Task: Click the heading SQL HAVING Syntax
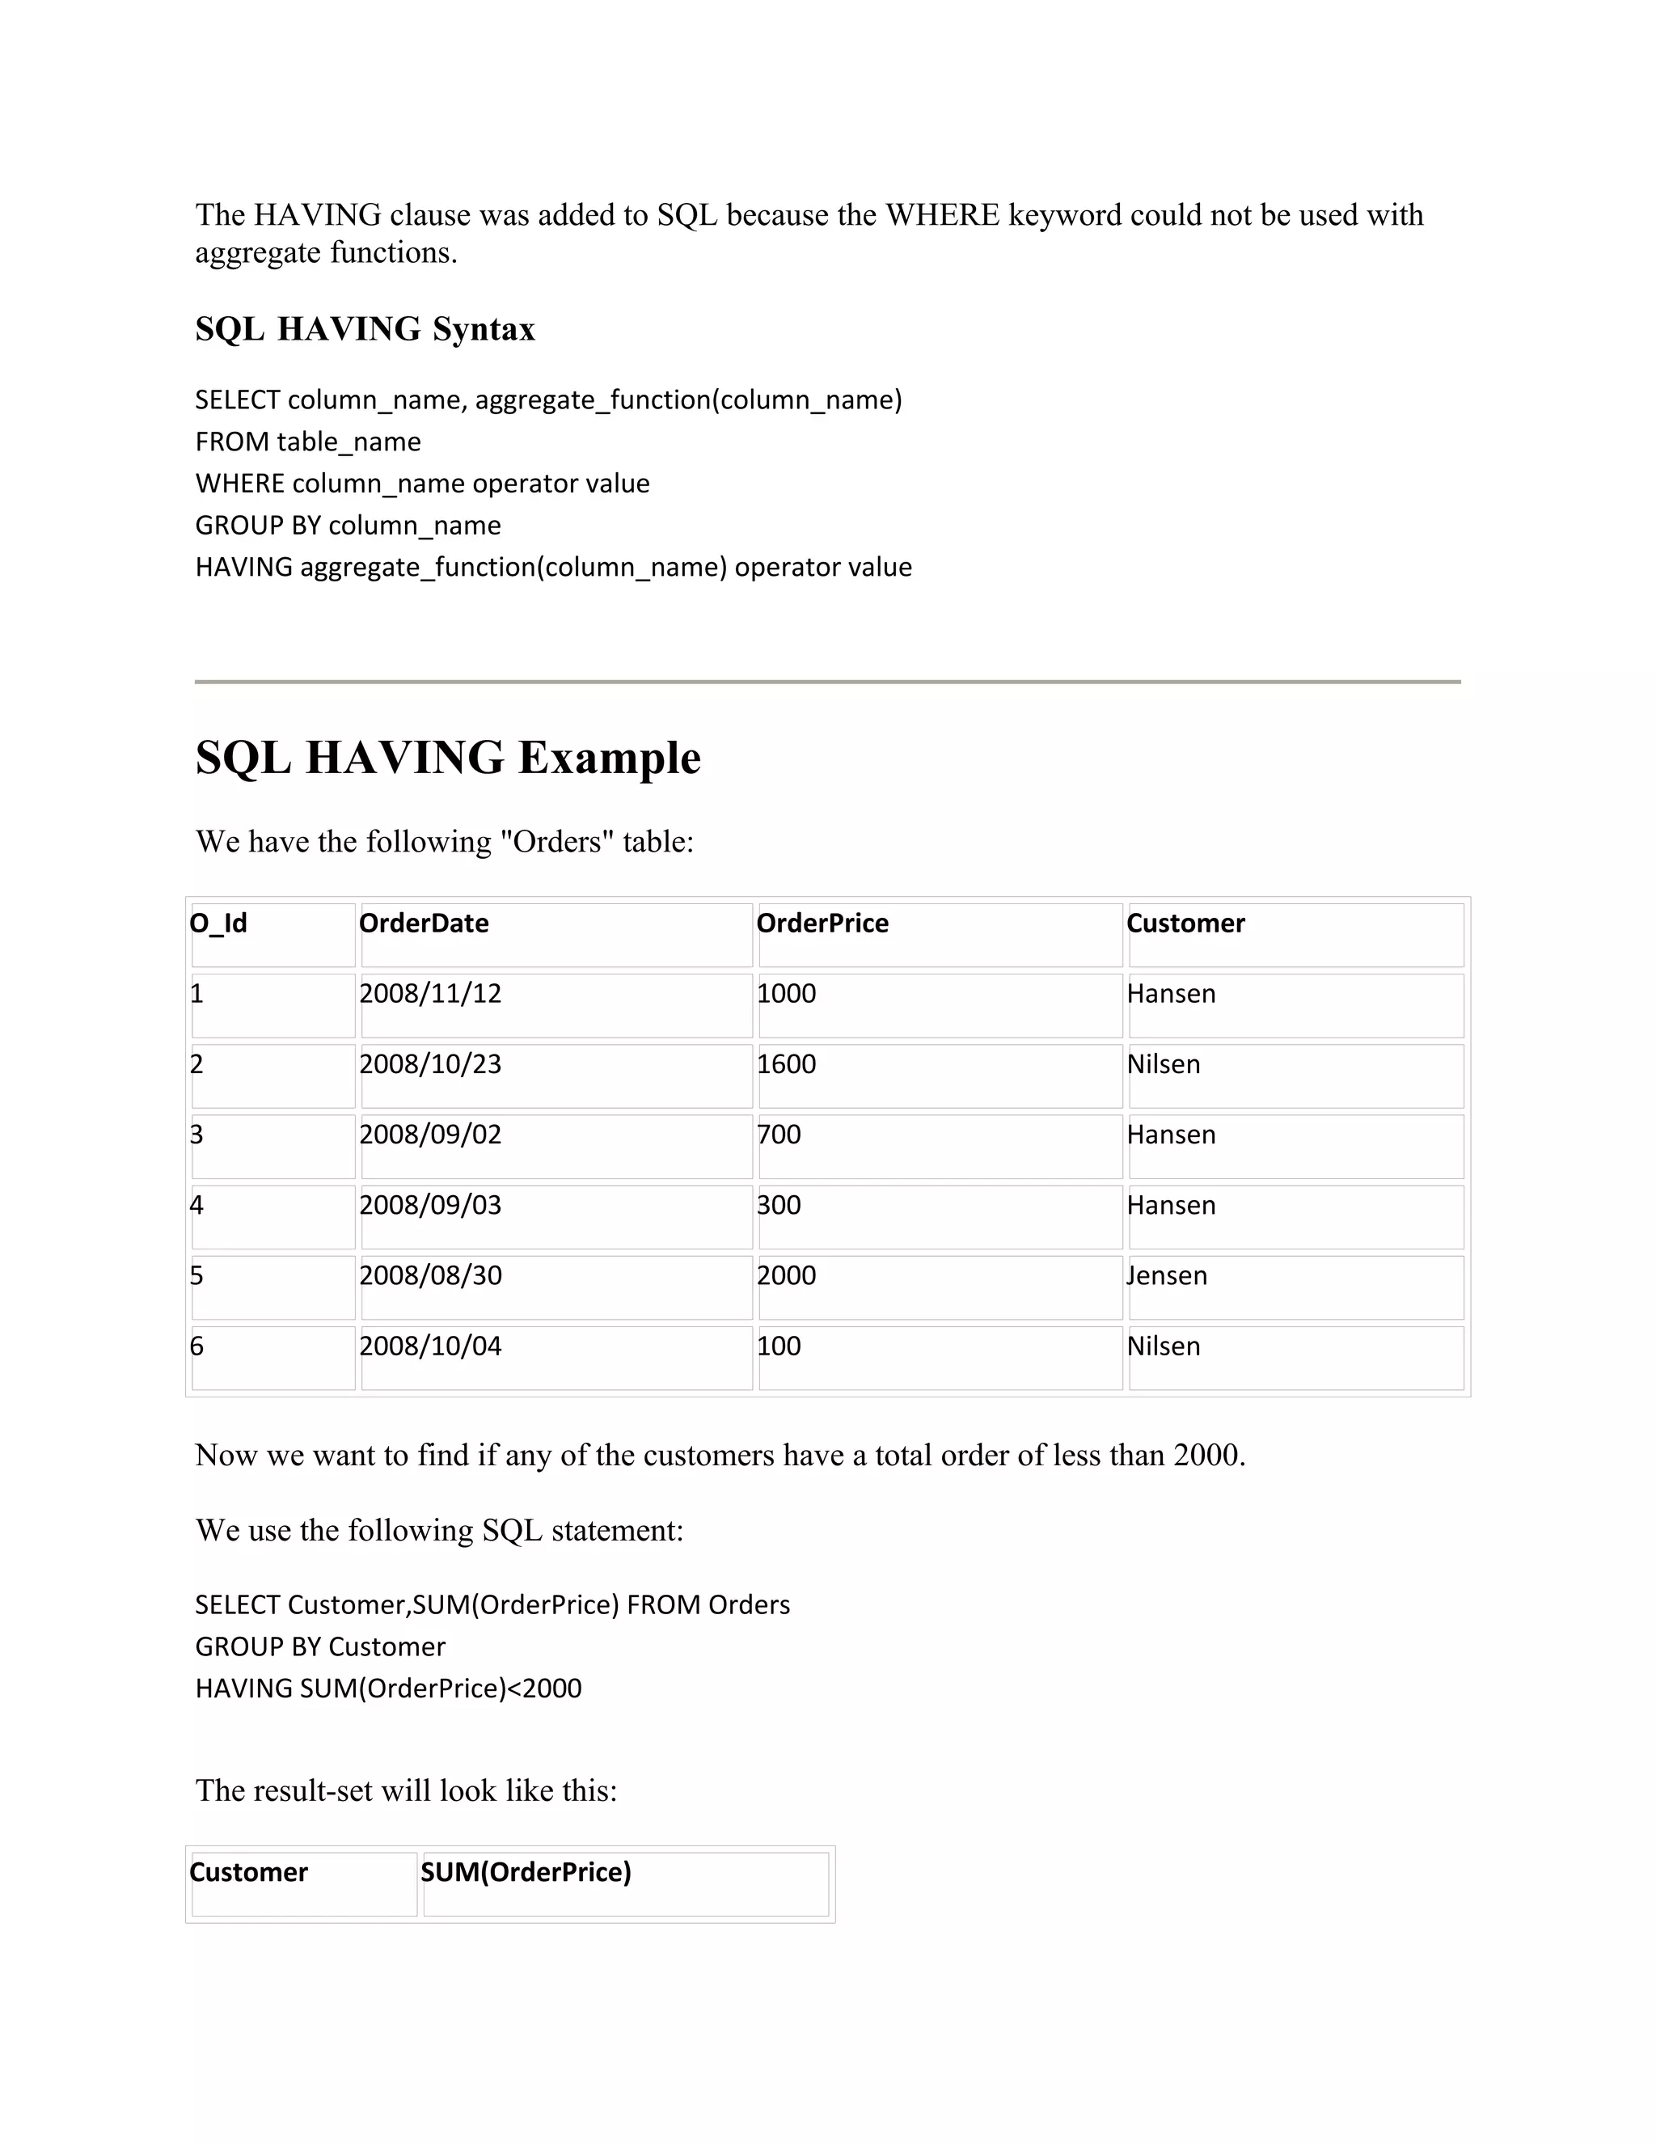tap(365, 328)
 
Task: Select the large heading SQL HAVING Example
tap(447, 758)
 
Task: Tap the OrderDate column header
tap(424, 924)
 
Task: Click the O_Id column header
tap(218, 924)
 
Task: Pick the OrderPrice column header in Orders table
tap(822, 924)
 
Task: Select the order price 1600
tap(786, 1065)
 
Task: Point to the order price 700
tap(779, 1135)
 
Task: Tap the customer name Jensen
tap(1167, 1275)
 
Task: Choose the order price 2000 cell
tap(786, 1275)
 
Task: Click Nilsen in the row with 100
tap(1164, 1346)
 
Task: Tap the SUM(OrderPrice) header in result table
tap(526, 1872)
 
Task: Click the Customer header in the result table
tap(248, 1872)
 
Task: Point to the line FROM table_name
tap(308, 442)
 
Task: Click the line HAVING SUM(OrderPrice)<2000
tap(388, 1689)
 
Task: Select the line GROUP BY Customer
tap(320, 1646)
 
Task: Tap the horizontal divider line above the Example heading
tap(827, 681)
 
